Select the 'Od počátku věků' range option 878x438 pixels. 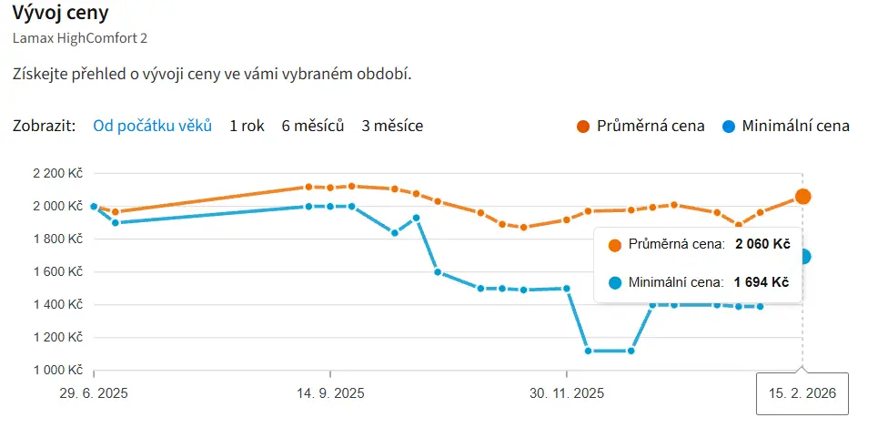pos(152,126)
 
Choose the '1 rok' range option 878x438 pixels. pos(247,126)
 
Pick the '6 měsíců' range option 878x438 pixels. pos(313,126)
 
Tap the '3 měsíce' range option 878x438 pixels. pos(392,126)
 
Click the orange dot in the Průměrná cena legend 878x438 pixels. pos(583,126)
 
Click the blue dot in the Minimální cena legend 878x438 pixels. pos(729,126)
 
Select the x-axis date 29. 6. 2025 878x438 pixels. pos(94,394)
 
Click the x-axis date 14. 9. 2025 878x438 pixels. pos(331,394)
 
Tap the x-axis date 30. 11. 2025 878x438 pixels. pos(567,394)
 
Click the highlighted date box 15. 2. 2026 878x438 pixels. pos(802,394)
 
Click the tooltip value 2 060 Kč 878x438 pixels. pos(762,244)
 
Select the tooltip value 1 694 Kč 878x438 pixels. pos(762,282)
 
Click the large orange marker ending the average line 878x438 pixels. pos(802,196)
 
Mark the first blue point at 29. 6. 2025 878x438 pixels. pos(94,206)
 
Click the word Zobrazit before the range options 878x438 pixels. pos(45,126)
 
